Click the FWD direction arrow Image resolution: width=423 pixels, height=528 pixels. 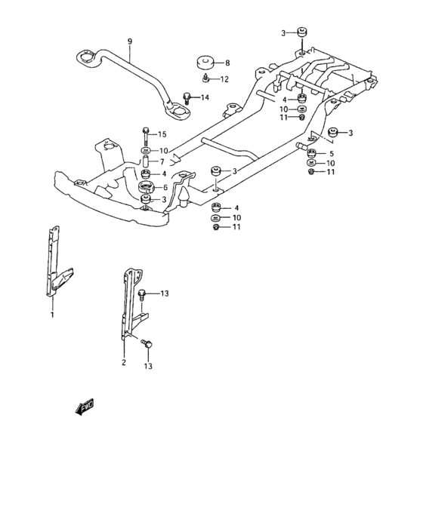(x=84, y=407)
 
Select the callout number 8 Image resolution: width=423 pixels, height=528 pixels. (x=227, y=63)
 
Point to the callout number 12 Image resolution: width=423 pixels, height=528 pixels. (x=224, y=79)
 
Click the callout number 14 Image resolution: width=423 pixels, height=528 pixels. (x=204, y=97)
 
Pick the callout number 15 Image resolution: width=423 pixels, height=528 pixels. (x=162, y=134)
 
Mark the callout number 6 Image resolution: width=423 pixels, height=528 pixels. (x=165, y=186)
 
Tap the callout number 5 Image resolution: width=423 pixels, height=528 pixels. (x=330, y=153)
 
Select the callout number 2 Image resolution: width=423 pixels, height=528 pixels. (x=123, y=362)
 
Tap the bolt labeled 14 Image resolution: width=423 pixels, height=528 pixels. (x=187, y=97)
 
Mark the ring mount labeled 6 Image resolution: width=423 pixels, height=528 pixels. (x=145, y=186)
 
